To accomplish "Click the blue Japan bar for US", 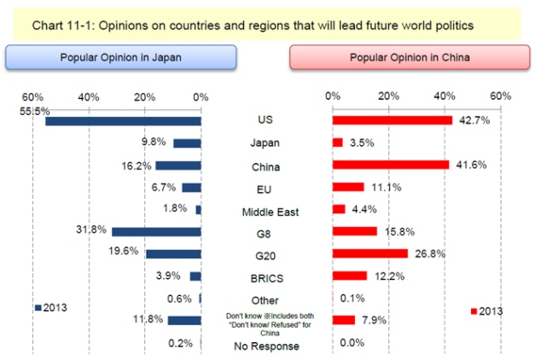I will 123,121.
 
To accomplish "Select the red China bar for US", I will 392,120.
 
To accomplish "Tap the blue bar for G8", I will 156,232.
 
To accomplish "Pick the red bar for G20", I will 369,253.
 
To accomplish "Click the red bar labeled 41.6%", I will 390,165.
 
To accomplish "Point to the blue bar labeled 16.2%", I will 177,165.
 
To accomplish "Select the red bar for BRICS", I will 349,276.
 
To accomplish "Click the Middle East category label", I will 265,210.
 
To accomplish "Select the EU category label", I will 265,188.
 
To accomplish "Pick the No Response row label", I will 265,345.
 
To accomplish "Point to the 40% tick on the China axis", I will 445,96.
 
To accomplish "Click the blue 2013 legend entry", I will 52,307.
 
